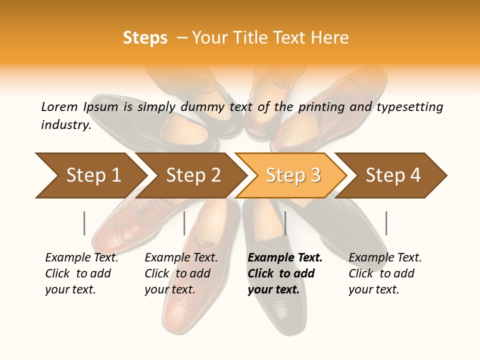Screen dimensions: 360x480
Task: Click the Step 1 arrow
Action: [x=93, y=175]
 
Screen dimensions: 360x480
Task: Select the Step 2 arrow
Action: [x=193, y=175]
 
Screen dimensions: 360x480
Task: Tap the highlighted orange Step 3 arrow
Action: [x=293, y=175]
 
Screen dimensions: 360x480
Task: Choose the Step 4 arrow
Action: [x=393, y=175]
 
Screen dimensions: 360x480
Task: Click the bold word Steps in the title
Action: [x=145, y=38]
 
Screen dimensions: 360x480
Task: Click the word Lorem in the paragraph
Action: [x=59, y=106]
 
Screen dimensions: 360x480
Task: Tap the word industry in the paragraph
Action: [x=65, y=124]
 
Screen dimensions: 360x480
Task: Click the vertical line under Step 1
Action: [x=84, y=223]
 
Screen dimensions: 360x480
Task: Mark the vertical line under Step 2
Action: [x=184, y=223]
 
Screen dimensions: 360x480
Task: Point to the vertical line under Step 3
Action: [x=285, y=223]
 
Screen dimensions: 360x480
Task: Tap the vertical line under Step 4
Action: [x=386, y=223]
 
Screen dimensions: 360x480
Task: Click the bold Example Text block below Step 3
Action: [x=284, y=273]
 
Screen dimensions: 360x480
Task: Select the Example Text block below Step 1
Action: [x=81, y=273]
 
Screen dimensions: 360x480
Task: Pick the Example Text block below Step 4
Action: [x=385, y=273]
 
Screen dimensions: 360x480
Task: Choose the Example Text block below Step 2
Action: [x=181, y=273]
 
